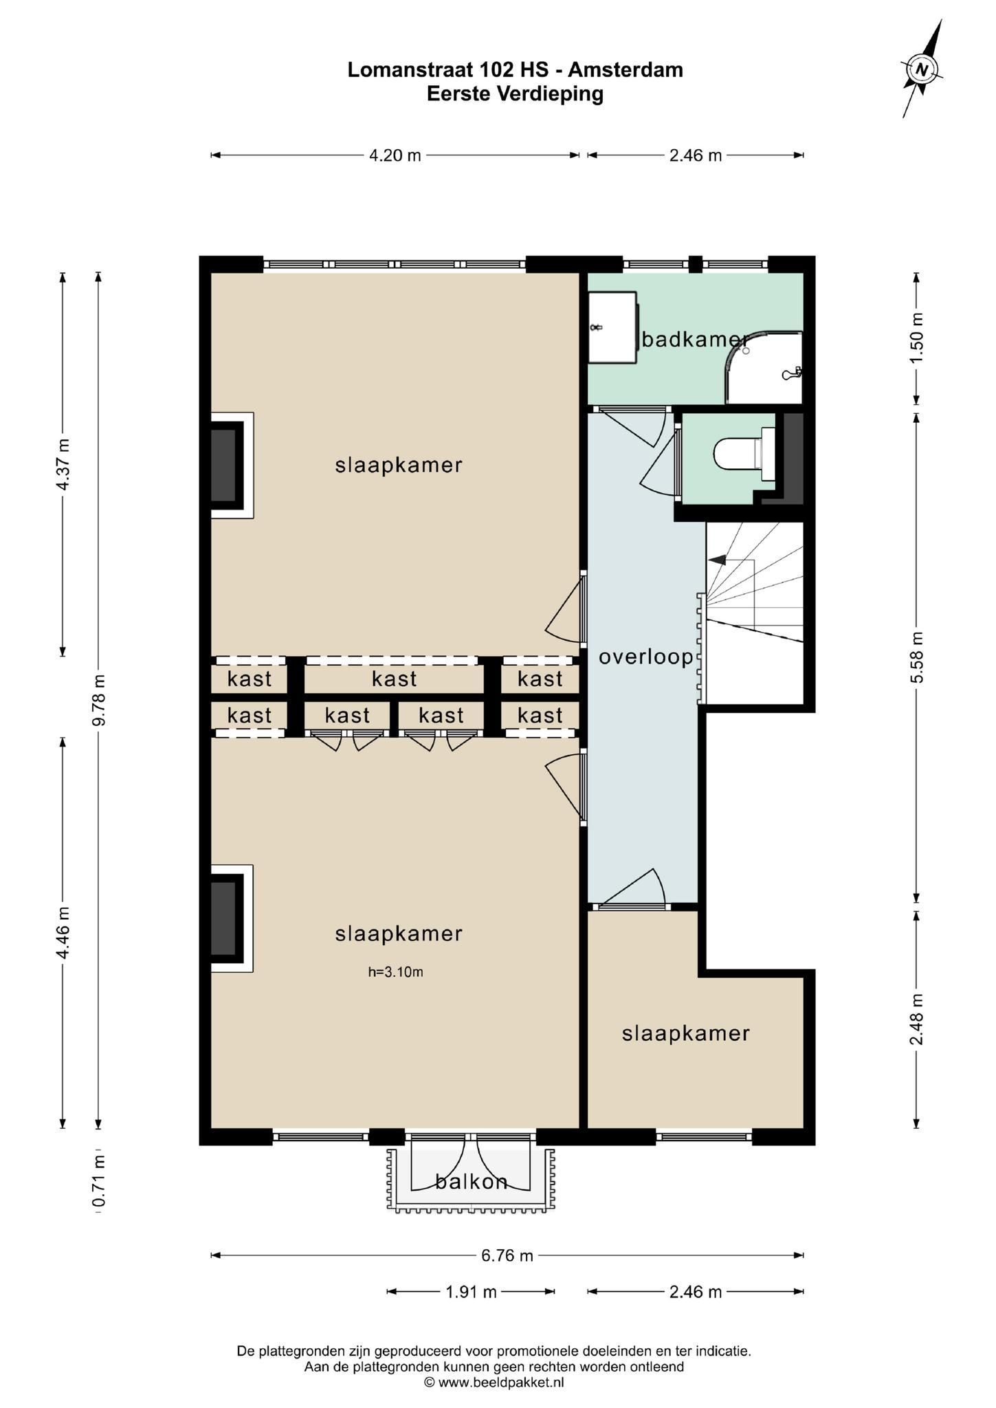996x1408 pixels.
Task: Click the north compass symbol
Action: (922, 69)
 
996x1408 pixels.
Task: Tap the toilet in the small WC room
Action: (744, 453)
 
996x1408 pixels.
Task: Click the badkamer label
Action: (694, 339)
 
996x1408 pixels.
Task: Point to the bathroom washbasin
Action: (612, 327)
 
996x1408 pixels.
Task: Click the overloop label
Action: (646, 657)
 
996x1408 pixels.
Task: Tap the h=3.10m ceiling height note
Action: (395, 971)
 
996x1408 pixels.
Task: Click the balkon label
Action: (472, 1181)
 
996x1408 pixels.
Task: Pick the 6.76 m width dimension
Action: (507, 1255)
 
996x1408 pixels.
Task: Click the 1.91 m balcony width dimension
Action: (471, 1292)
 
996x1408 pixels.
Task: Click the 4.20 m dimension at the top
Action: (395, 155)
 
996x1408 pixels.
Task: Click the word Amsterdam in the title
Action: (626, 69)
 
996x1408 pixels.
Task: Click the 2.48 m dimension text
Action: (917, 1020)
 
